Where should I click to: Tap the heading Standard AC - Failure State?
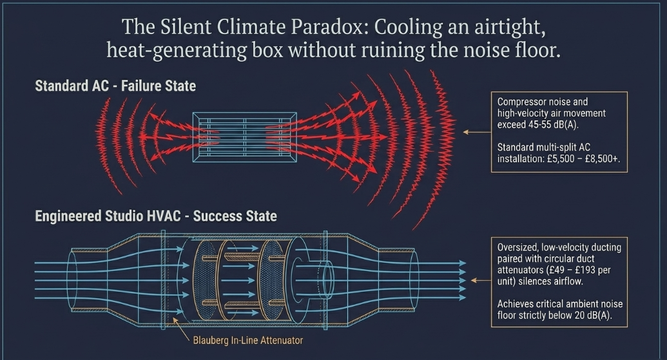click(115, 86)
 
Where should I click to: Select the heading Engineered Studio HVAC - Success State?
click(156, 216)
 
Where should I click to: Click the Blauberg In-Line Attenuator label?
click(248, 340)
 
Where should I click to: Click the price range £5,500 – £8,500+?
click(584, 158)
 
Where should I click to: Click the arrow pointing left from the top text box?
click(477, 132)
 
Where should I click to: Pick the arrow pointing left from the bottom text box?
click(481, 281)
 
